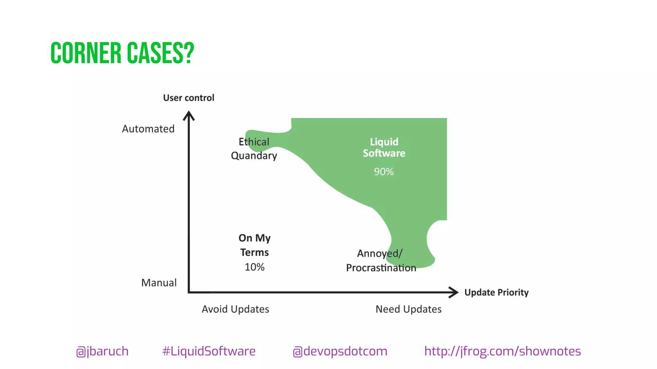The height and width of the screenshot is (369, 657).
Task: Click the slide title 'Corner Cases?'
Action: pos(122,53)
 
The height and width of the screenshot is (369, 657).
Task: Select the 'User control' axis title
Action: pos(189,98)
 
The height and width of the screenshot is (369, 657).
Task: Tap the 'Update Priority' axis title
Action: pos(496,292)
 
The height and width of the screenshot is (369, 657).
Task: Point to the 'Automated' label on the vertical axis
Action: pos(148,129)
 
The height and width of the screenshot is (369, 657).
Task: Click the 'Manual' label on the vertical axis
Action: pos(159,283)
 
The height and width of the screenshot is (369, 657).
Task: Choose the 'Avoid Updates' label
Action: pos(235,309)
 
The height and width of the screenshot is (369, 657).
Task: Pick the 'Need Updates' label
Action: pos(408,309)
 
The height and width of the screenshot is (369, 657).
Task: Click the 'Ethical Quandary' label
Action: pos(254,149)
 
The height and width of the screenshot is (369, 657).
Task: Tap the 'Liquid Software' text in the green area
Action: pos(384,147)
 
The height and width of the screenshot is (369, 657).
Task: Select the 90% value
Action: pos(384,172)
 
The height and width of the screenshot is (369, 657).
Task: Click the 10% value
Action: pos(254,267)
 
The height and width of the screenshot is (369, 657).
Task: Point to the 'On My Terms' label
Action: pos(254,245)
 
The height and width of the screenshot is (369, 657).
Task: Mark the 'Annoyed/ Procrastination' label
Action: pos(381,260)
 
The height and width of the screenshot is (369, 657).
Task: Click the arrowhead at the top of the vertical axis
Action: pos(189,115)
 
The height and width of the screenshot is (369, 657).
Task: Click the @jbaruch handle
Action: pos(102,351)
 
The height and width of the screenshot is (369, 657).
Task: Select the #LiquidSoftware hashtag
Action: pos(209,351)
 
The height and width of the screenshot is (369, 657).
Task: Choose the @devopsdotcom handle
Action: pos(340,351)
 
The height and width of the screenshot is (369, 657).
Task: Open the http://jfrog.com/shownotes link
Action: pos(502,351)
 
